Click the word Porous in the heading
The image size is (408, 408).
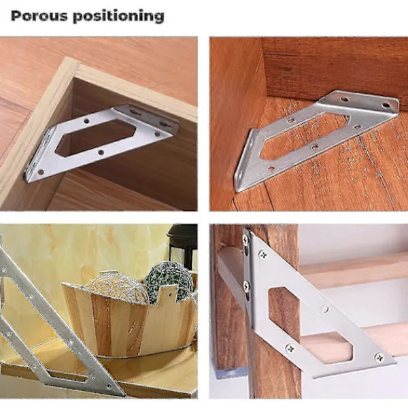[39, 16]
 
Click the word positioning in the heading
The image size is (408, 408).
[118, 16]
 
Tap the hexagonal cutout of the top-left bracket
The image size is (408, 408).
[96, 137]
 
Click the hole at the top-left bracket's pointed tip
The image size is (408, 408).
[41, 172]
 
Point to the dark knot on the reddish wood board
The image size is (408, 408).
[286, 69]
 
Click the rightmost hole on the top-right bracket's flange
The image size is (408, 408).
[386, 105]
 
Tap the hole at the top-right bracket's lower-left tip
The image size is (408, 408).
[271, 169]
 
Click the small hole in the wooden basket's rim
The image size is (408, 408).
[171, 294]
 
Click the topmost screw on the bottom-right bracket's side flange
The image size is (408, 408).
[246, 239]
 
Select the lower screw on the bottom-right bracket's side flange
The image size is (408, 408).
[246, 286]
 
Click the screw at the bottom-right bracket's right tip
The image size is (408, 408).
[379, 358]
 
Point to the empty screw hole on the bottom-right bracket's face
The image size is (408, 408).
[325, 309]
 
